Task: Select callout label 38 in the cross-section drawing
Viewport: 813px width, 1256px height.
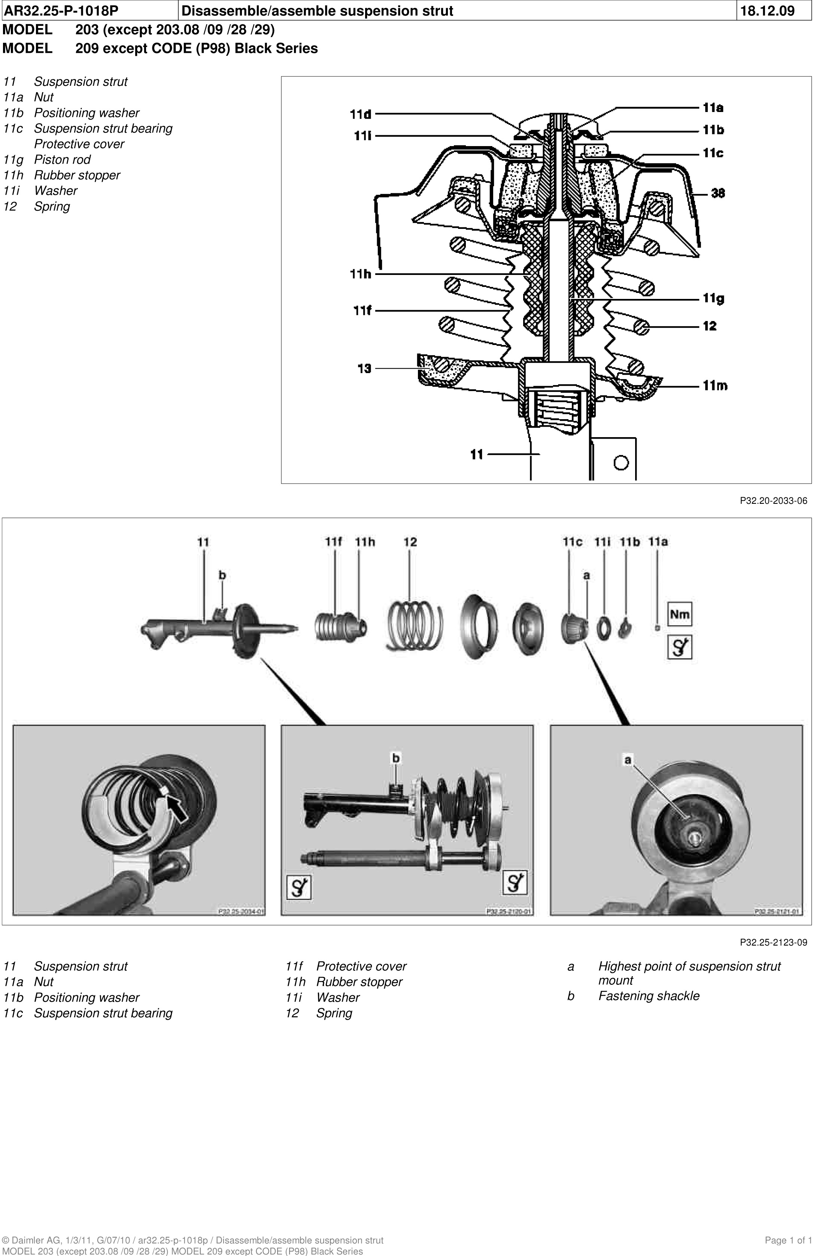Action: point(718,193)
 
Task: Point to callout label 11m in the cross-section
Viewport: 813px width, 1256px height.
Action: point(715,386)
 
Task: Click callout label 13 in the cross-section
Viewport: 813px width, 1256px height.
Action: point(364,368)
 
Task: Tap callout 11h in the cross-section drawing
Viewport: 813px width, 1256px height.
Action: point(361,274)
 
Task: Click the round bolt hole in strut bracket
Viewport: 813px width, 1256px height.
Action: point(622,463)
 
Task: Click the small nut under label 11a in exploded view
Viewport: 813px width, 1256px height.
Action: point(657,627)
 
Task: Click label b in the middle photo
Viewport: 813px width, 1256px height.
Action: point(396,758)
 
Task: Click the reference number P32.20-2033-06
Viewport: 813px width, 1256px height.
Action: point(773,501)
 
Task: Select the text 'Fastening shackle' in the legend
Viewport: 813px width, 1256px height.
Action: point(648,996)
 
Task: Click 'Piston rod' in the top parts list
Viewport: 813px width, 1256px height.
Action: point(62,159)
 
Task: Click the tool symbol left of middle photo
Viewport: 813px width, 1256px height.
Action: point(298,888)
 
